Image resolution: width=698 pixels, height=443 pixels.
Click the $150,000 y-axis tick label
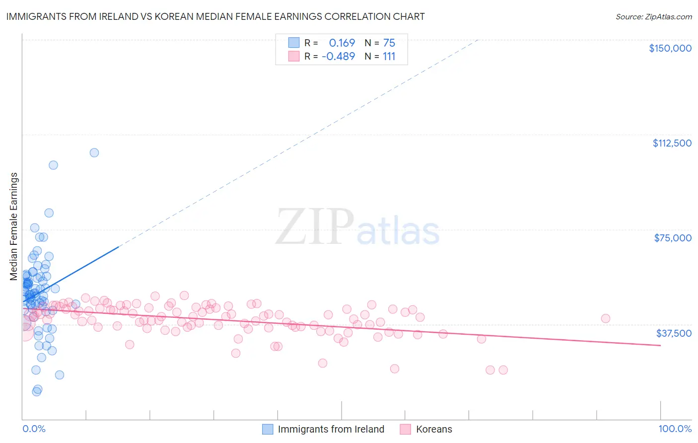click(670, 48)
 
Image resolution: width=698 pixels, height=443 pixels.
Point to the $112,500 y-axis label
click(672, 143)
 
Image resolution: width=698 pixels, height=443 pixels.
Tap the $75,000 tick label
click(673, 238)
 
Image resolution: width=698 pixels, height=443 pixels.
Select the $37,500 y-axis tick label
click(674, 333)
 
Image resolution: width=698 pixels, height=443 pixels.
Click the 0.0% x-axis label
click(34, 429)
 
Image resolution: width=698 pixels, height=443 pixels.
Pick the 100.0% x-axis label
click(675, 429)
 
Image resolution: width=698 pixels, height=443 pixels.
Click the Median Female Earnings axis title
click(14, 226)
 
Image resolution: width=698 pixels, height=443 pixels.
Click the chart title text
click(215, 16)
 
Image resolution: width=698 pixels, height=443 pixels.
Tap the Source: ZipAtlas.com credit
click(653, 16)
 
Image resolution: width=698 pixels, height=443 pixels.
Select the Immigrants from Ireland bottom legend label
click(331, 429)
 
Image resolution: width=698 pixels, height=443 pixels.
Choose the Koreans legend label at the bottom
click(434, 429)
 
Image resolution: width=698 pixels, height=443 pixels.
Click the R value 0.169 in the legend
click(342, 43)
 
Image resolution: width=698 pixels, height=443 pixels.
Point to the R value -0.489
click(339, 56)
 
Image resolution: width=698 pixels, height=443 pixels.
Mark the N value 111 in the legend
click(389, 56)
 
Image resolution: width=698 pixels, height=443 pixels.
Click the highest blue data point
click(94, 152)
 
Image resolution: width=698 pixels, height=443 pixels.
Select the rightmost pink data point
click(605, 318)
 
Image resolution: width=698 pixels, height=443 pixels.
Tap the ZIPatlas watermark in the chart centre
click(357, 227)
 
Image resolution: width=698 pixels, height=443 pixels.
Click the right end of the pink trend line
click(660, 345)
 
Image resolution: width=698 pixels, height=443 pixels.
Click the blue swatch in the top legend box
click(294, 43)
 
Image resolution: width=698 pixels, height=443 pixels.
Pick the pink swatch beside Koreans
click(405, 429)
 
